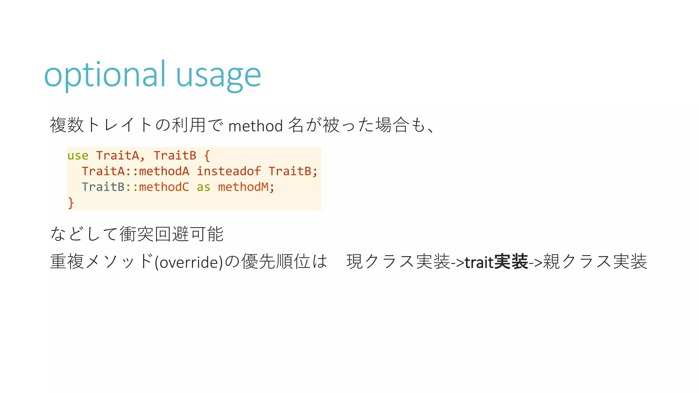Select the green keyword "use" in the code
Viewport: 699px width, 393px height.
tap(78, 156)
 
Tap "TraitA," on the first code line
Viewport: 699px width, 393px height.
tap(120, 156)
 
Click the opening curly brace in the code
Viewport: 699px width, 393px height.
tap(207, 156)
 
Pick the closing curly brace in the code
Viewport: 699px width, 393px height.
tap(71, 203)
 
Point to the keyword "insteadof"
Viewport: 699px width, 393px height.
tap(229, 171)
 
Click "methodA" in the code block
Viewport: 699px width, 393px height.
tap(164, 171)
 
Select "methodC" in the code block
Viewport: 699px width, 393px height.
tap(164, 187)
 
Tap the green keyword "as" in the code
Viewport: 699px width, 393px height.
tap(203, 187)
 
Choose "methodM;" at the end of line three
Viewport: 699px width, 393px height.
tap(246, 187)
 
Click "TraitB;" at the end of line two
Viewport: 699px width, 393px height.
tap(293, 171)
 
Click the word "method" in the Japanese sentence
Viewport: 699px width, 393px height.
tap(256, 126)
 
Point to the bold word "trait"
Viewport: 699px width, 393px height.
tap(479, 262)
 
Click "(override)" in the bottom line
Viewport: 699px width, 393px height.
tap(189, 262)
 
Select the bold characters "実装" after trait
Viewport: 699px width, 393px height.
tap(511, 262)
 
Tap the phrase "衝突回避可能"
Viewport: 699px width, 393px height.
tap(172, 234)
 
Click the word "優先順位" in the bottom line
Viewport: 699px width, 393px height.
tap(276, 262)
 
